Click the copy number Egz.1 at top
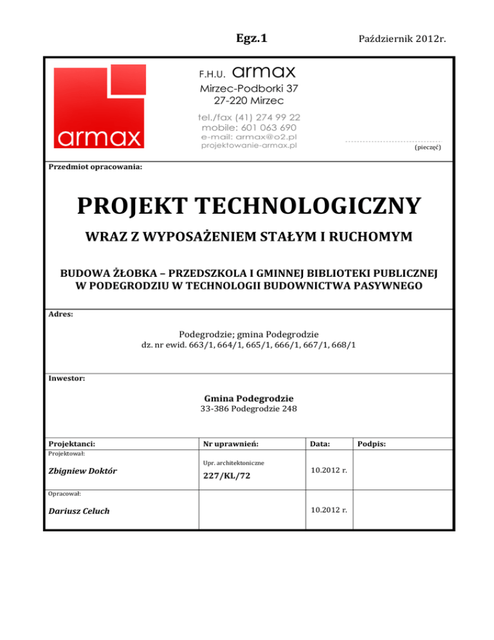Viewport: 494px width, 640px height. (247, 38)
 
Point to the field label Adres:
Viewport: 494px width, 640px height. (61, 315)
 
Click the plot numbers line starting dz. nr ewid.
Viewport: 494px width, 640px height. (248, 345)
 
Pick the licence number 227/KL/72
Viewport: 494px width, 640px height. (227, 476)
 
